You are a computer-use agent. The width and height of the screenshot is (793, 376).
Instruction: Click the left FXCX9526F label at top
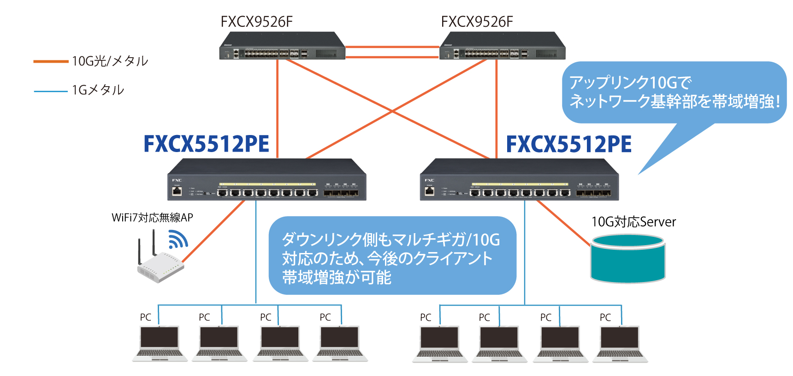pyautogui.click(x=256, y=22)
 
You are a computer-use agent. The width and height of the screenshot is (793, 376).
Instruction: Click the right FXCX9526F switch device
pyautogui.click(x=503, y=46)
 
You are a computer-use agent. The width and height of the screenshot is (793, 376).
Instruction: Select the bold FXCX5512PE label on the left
pyautogui.click(x=206, y=144)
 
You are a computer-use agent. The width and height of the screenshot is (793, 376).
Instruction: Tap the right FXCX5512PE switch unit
pyautogui.click(x=519, y=181)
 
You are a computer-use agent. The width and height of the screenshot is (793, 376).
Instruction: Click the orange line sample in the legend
pyautogui.click(x=51, y=61)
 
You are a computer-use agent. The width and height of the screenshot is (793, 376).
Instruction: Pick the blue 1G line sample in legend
pyautogui.click(x=51, y=91)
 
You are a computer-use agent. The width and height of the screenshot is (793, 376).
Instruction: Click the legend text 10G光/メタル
pyautogui.click(x=110, y=61)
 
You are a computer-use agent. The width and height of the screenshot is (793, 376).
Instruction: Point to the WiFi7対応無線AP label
pyautogui.click(x=152, y=217)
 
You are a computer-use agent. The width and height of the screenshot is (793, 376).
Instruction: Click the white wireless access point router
pyautogui.click(x=160, y=267)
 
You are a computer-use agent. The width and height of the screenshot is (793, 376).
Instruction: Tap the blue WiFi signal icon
pyautogui.click(x=178, y=239)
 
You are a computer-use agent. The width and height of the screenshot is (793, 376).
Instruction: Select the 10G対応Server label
pyautogui.click(x=633, y=222)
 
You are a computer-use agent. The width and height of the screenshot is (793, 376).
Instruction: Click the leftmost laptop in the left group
pyautogui.click(x=160, y=343)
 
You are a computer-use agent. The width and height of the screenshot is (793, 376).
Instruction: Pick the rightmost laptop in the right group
pyautogui.click(x=620, y=343)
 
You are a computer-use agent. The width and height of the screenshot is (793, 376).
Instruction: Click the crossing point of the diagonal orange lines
pyautogui.click(x=392, y=111)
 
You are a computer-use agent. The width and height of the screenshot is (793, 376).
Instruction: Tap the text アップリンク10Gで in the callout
pyautogui.click(x=630, y=82)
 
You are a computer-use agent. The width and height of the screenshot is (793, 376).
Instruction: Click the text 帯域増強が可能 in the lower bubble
pyautogui.click(x=337, y=277)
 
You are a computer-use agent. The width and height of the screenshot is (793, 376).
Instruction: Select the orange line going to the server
pyautogui.click(x=563, y=223)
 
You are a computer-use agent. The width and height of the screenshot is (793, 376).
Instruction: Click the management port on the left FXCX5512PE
pyautogui.click(x=177, y=191)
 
